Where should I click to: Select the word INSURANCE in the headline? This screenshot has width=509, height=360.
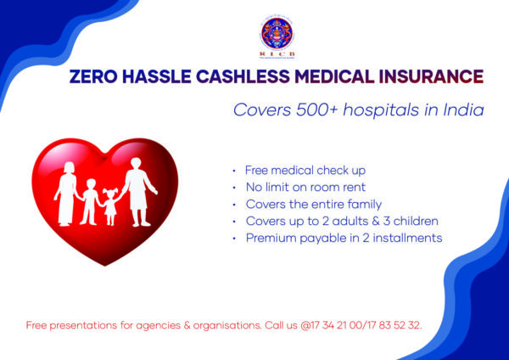(x=430, y=77)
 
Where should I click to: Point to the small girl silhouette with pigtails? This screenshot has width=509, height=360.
(x=109, y=206)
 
